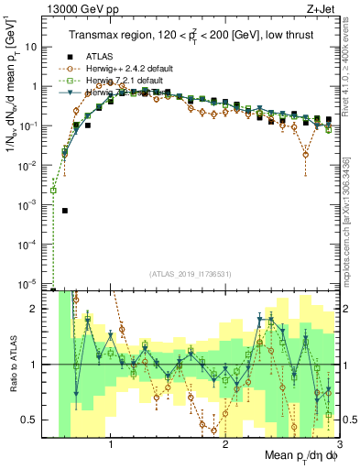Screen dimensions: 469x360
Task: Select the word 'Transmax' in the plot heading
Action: click(x=95, y=36)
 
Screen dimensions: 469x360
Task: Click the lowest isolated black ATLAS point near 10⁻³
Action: click(x=65, y=211)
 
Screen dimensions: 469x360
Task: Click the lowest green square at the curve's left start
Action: click(x=53, y=191)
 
